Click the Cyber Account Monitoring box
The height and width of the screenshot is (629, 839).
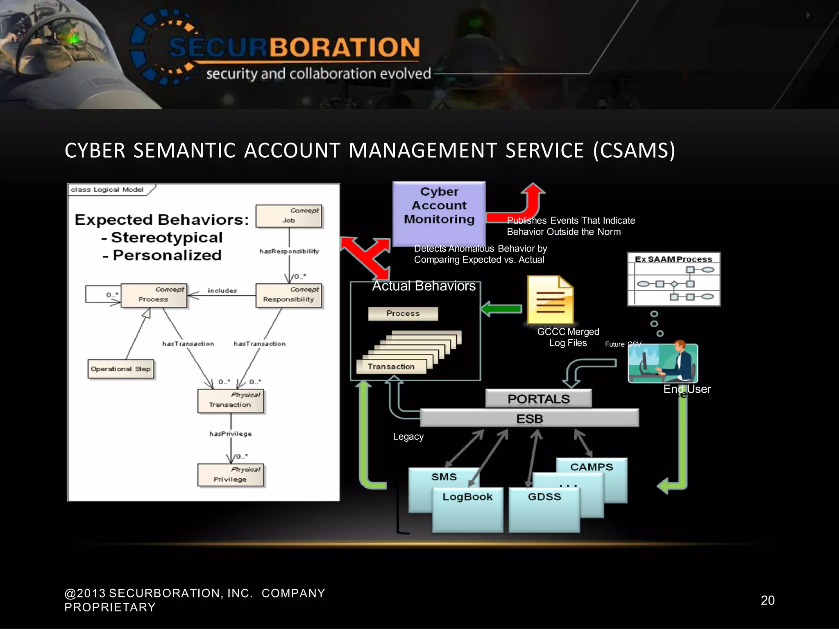pos(439,213)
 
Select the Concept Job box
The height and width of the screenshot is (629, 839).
pos(289,216)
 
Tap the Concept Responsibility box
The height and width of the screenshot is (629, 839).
pos(289,295)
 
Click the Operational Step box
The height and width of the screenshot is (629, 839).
pos(121,369)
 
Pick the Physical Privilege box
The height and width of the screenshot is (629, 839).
pos(231,475)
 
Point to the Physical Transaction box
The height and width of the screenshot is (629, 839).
pos(231,400)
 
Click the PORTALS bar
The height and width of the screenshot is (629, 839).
pos(538,398)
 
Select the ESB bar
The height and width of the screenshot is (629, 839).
pos(529,418)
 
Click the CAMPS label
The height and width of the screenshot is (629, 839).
pos(591,467)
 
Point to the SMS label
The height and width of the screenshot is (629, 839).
pos(444,477)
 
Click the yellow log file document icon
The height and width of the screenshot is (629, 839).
pos(550,300)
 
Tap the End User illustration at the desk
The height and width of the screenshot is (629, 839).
pos(662,363)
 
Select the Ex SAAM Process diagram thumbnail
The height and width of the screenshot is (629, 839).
pos(673,279)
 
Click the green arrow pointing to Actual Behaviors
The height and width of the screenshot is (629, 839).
pos(501,309)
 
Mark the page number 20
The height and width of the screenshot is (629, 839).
pos(767,600)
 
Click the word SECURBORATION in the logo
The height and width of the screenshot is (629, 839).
pos(294,47)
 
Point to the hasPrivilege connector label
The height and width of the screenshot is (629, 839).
pos(231,434)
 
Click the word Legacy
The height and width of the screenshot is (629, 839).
pos(408,437)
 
